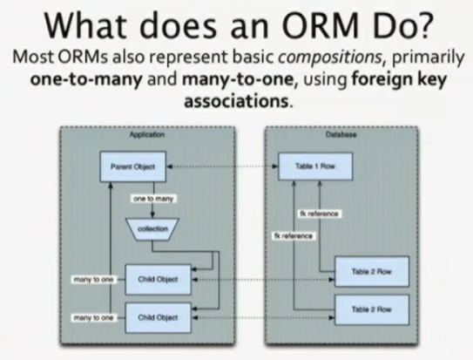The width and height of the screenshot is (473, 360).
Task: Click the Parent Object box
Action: (x=133, y=166)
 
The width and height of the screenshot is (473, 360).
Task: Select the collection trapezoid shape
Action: (x=152, y=229)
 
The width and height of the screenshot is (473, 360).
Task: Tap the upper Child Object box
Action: (x=158, y=280)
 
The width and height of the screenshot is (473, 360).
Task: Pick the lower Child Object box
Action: (x=158, y=318)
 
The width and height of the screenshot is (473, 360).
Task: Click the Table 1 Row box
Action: (x=315, y=166)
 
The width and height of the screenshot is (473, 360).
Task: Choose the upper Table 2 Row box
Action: (x=372, y=272)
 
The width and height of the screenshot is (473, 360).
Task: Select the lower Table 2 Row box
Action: (x=372, y=309)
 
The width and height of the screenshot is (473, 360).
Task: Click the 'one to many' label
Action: (x=153, y=199)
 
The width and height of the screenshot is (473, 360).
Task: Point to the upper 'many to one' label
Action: (x=93, y=280)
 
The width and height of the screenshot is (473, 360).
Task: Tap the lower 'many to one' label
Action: (x=93, y=318)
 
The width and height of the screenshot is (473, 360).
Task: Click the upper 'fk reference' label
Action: (x=319, y=214)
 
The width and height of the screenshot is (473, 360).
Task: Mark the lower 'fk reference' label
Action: (x=294, y=235)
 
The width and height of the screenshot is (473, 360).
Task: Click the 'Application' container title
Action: (x=147, y=134)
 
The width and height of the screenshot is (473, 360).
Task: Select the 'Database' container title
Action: (x=341, y=134)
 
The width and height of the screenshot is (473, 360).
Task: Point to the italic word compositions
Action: (x=330, y=58)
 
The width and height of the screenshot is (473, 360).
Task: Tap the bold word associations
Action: (x=236, y=101)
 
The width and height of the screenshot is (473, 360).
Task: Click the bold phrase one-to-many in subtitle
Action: (x=86, y=79)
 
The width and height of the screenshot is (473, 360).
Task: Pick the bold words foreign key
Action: (x=399, y=79)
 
